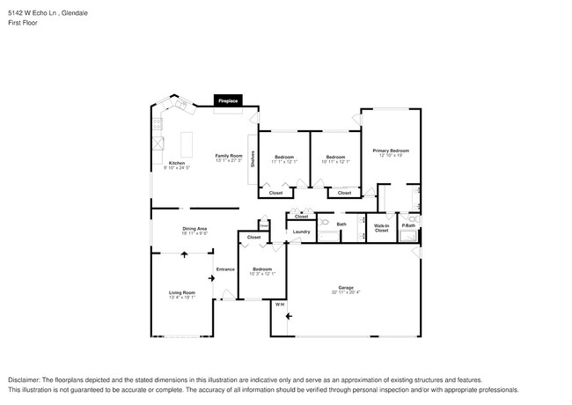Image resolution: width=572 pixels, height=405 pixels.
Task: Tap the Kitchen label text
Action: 177,163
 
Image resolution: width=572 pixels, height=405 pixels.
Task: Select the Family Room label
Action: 229,156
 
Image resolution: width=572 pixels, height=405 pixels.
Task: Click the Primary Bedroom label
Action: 391,151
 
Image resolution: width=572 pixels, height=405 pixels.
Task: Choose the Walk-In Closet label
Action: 382,227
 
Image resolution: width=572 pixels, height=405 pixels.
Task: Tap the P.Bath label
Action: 408,225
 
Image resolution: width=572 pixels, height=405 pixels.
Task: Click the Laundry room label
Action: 301,232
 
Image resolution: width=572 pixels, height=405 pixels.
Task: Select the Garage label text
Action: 346,287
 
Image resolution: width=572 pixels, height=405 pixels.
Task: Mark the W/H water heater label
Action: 280,305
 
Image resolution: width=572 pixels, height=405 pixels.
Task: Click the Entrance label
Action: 226,269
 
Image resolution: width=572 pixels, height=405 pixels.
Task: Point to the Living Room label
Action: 182,292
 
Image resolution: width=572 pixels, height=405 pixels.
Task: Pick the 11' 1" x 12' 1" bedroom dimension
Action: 284,161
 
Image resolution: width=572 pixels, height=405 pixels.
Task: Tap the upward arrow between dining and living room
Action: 184,254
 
